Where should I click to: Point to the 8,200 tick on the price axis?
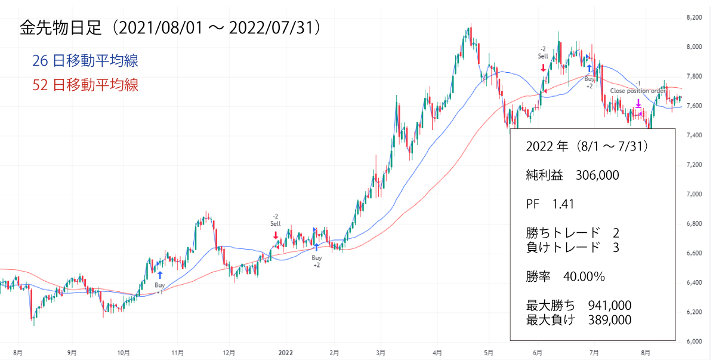click(693, 18)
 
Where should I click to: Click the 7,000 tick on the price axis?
click(693, 194)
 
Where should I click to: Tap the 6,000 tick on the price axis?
click(693, 341)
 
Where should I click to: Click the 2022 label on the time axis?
click(285, 352)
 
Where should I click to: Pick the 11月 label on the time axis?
click(177, 352)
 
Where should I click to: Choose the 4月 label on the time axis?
click(437, 352)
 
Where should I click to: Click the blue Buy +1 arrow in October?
click(160, 275)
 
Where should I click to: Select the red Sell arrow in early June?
click(543, 68)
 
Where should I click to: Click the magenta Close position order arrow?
click(638, 103)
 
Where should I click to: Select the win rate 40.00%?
click(584, 276)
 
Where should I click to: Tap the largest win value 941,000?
click(609, 306)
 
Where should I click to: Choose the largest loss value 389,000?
click(609, 320)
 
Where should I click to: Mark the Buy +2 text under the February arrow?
click(316, 261)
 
